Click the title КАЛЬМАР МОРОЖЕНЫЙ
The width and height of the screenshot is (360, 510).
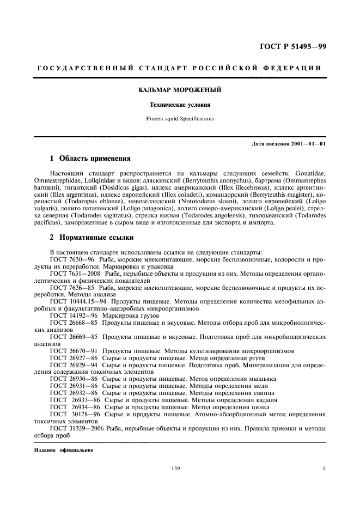tap(179, 88)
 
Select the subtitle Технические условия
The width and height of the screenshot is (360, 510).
tap(179, 104)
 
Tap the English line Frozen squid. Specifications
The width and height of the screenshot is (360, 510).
tap(179, 118)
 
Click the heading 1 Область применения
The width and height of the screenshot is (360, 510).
tap(90, 159)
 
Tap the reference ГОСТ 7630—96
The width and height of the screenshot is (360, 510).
tap(72, 259)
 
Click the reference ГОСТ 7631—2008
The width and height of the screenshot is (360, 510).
tap(75, 273)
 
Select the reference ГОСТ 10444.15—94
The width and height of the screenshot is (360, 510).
tap(77, 301)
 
